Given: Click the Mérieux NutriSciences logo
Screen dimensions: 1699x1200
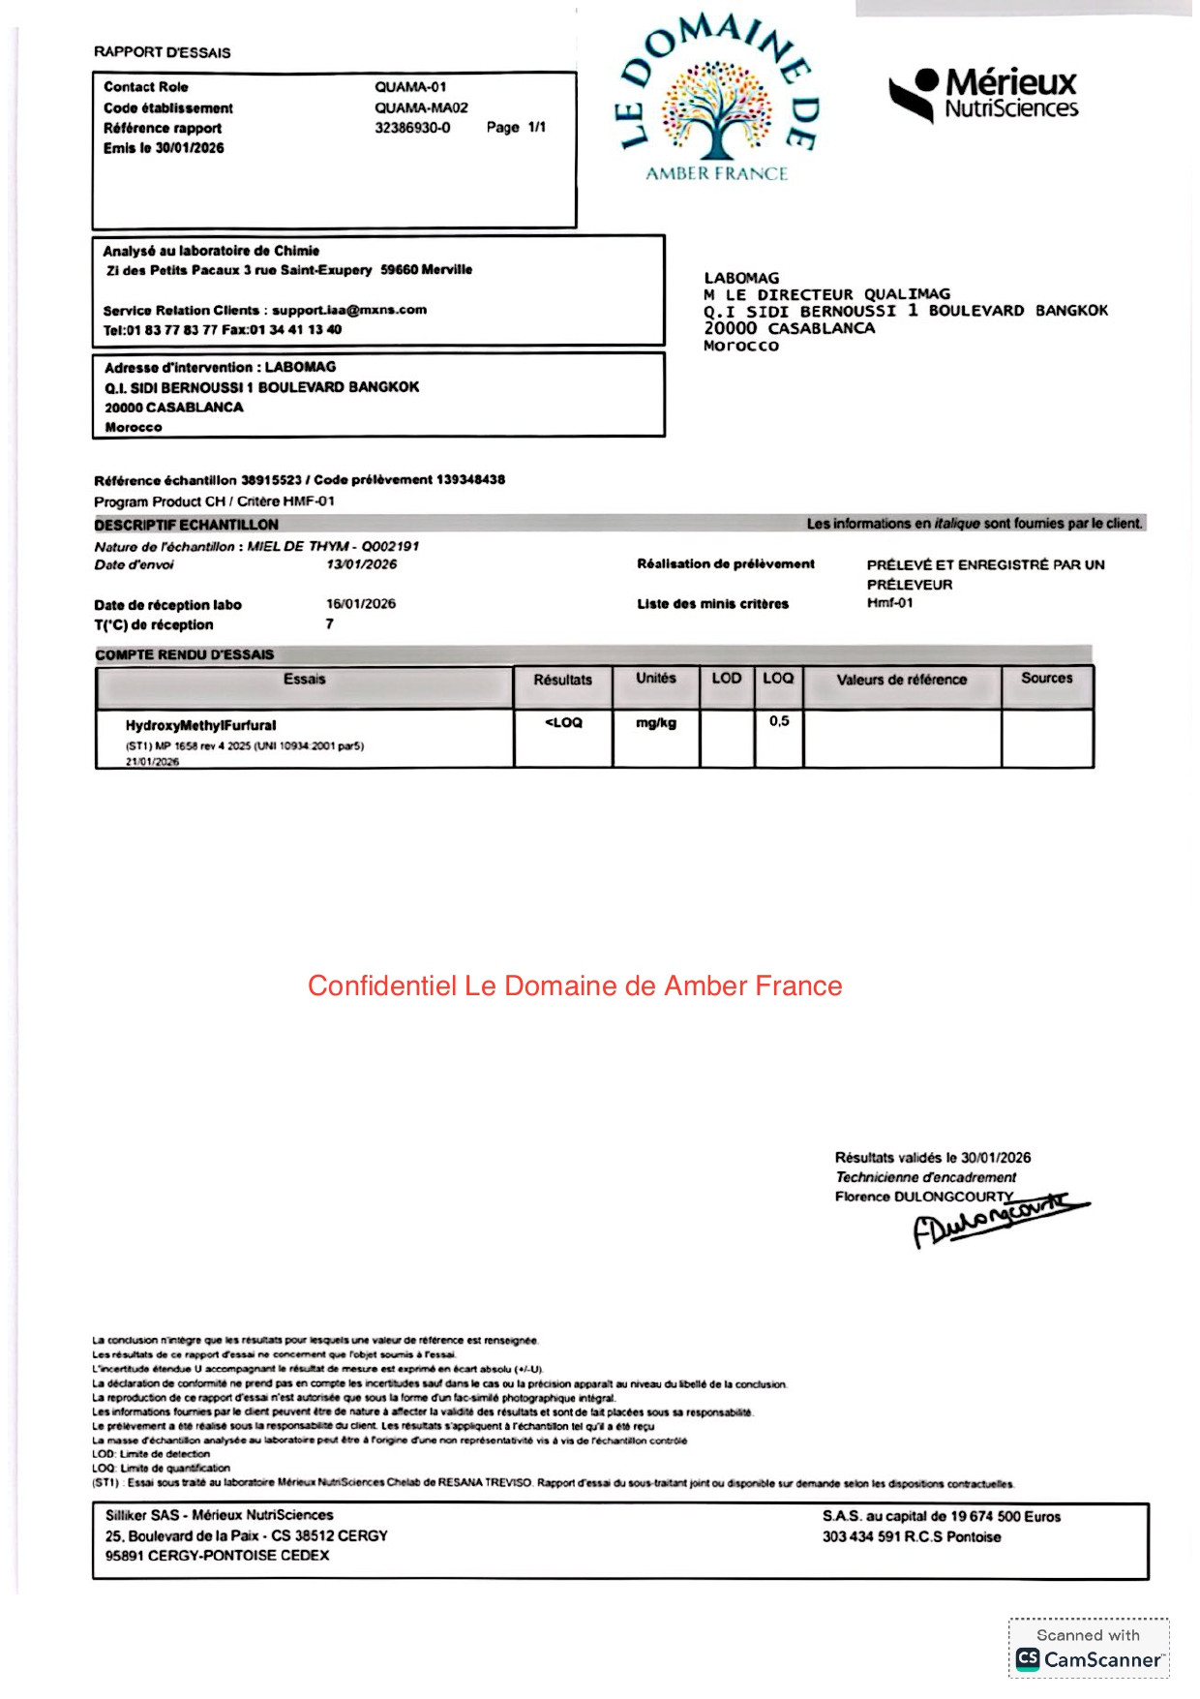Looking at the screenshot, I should [x=983, y=95].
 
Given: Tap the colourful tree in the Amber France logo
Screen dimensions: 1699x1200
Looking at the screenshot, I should [x=716, y=109].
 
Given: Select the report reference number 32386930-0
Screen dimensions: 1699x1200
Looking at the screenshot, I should [x=412, y=128].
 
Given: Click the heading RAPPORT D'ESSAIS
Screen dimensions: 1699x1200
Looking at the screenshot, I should [x=162, y=52].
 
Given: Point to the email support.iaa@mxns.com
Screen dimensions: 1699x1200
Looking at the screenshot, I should [x=349, y=310].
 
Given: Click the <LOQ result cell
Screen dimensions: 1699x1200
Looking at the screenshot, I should [x=563, y=723].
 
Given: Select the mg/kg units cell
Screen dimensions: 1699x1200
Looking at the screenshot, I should [x=656, y=723].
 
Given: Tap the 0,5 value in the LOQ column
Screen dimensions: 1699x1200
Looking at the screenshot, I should [x=779, y=721].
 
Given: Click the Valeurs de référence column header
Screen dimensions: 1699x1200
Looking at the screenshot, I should [x=901, y=680].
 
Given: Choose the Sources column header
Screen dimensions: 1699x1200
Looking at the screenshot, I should [x=1046, y=679].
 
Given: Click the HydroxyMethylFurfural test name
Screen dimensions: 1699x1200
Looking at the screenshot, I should [x=200, y=725].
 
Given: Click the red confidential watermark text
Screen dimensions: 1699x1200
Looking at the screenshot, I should [x=575, y=986].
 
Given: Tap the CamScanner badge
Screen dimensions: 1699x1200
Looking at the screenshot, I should [x=1089, y=1649].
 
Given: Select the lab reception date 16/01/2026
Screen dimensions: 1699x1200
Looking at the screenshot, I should [x=361, y=604].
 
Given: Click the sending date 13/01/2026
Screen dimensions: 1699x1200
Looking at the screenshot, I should [x=361, y=564].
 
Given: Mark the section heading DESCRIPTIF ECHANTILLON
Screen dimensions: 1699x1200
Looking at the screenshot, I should [x=186, y=525].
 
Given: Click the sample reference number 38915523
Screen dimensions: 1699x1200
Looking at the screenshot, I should [x=271, y=480].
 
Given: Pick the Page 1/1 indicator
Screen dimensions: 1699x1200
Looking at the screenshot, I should [x=516, y=128].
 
